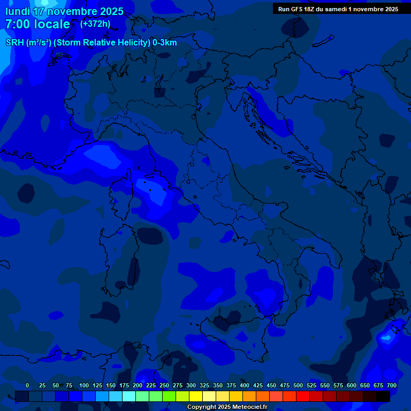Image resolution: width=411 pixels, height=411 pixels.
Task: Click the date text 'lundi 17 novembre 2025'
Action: (64, 11)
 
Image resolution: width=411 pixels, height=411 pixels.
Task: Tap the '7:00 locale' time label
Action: (37, 24)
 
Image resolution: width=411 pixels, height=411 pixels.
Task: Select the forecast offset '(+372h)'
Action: (95, 24)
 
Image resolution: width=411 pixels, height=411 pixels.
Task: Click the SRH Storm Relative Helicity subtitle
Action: (91, 43)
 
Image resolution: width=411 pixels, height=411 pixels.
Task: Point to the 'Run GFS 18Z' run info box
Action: (338, 9)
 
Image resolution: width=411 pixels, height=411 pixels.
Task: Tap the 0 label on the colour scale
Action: (27, 385)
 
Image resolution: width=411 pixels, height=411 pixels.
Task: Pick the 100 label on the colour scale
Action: (84, 385)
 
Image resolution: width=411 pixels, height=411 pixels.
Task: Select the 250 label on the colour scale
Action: (164, 385)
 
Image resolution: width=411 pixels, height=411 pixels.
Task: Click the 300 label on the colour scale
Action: (191, 385)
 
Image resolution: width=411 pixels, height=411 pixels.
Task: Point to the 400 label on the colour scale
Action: (245, 385)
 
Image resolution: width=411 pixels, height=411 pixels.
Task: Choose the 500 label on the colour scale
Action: (298, 385)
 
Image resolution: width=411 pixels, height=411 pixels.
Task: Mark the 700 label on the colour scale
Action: (392, 385)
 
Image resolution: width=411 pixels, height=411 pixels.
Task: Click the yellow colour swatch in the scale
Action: (196, 396)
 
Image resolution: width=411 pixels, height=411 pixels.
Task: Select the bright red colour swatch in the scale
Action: (303, 396)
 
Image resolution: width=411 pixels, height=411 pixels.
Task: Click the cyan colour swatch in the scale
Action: (129, 396)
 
